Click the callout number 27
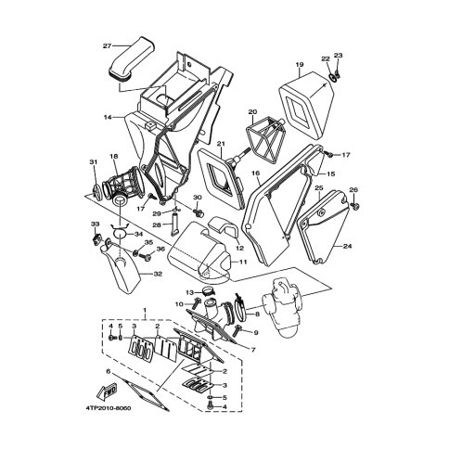tap(107, 46)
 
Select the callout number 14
tap(108, 117)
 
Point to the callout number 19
tap(300, 65)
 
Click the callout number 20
tap(252, 111)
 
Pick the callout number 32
tap(158, 274)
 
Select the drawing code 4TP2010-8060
tap(109, 408)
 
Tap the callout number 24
tap(347, 246)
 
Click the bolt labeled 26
tap(354, 205)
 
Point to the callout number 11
tap(243, 262)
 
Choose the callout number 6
tap(108, 371)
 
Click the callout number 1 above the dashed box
tap(144, 310)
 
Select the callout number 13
tap(189, 292)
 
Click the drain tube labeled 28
tap(174, 224)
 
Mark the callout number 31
tap(94, 162)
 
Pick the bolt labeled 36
tap(145, 256)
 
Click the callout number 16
tap(256, 173)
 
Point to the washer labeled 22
tap(331, 77)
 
